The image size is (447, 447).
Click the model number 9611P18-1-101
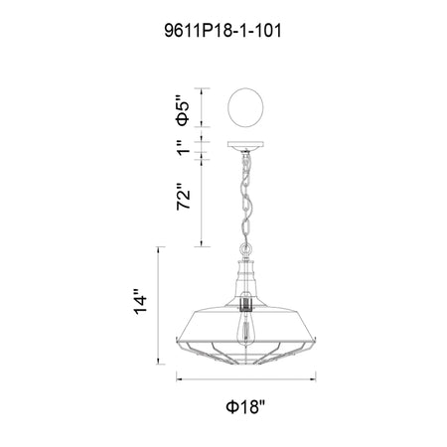pos(223,31)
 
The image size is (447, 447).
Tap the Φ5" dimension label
pos(183,110)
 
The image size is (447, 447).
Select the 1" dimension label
pos(184,148)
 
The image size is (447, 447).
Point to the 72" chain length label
pos(184,196)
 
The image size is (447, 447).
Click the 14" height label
pos(140,302)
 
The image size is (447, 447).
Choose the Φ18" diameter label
pos(245,406)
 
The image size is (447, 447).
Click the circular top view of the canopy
pos(245,107)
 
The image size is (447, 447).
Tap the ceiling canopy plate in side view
pos(245,145)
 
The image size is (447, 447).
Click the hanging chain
pos(245,198)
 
